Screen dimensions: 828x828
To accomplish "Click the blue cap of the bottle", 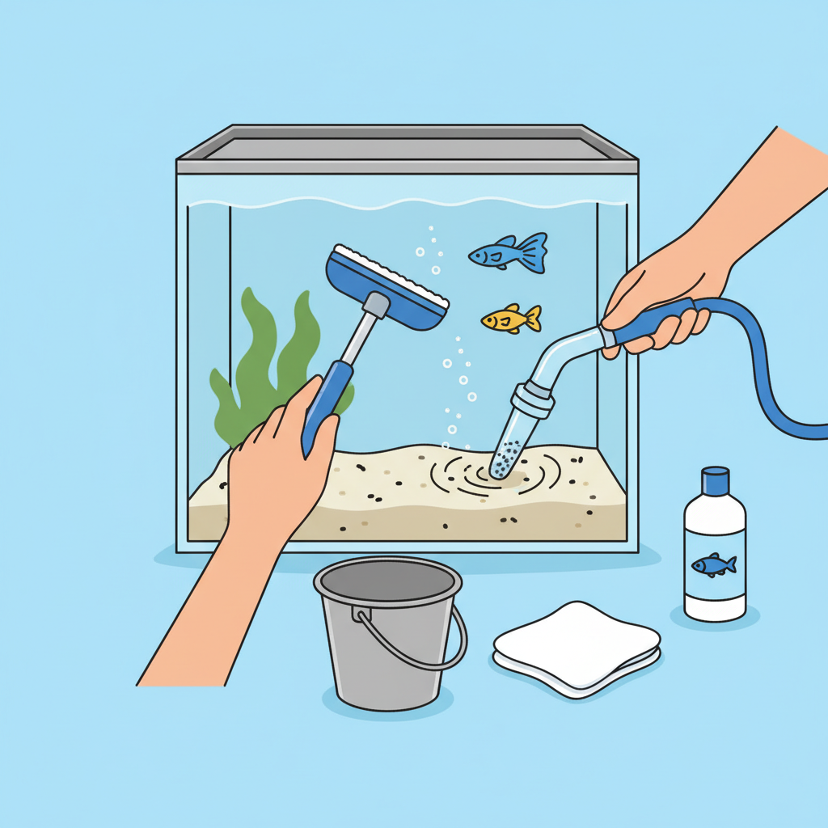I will [715, 480].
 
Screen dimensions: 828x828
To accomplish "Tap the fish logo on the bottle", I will [713, 564].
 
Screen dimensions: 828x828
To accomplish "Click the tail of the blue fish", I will [534, 252].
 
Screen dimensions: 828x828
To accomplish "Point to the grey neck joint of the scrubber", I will [376, 306].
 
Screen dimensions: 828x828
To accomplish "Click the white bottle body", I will [714, 558].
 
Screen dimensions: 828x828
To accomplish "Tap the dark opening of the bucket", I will [388, 580].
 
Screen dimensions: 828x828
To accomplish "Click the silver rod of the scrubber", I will [356, 340].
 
